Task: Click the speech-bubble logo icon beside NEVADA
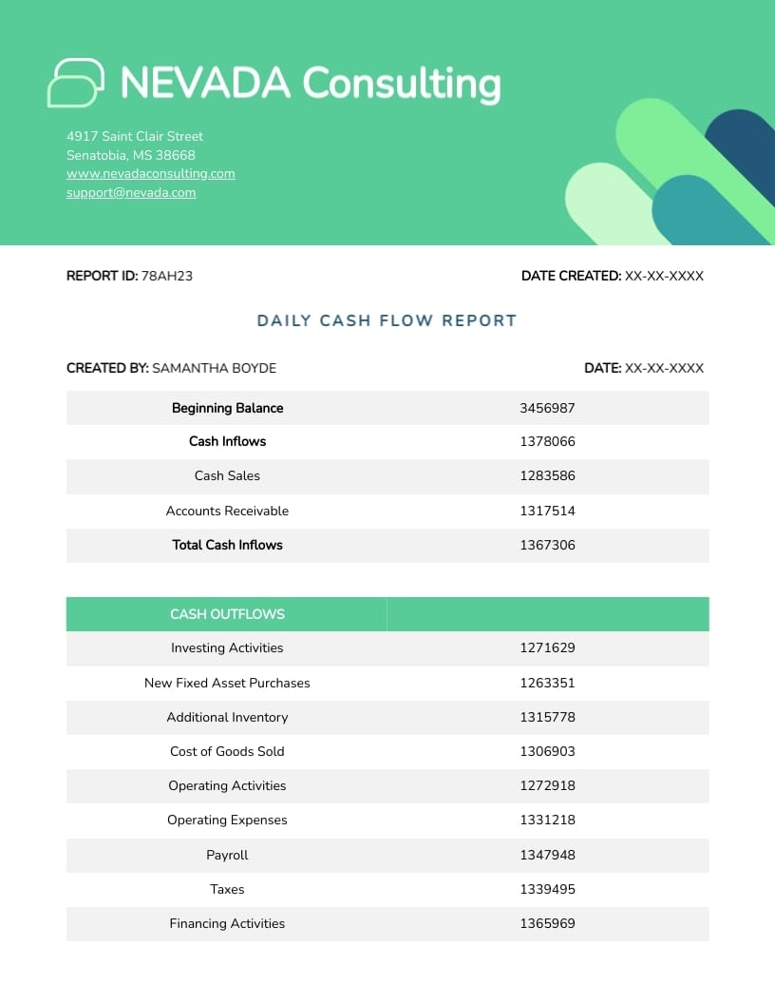point(75,83)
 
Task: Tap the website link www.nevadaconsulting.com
point(151,174)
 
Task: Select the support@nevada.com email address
point(131,193)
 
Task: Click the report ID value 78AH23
point(167,277)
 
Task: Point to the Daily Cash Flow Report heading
point(387,320)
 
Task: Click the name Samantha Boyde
point(215,368)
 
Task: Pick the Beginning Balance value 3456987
point(547,408)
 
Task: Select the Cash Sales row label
point(227,475)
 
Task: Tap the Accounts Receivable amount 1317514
point(547,511)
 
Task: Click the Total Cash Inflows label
point(227,545)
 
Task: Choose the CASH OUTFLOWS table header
point(227,614)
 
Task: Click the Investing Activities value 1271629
point(547,648)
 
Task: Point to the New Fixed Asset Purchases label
point(227,683)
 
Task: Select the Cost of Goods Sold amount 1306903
point(547,751)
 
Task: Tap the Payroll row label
point(227,855)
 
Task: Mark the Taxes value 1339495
point(547,889)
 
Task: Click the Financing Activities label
point(227,923)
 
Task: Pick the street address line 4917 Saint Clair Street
point(135,136)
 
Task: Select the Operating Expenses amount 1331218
point(547,820)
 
